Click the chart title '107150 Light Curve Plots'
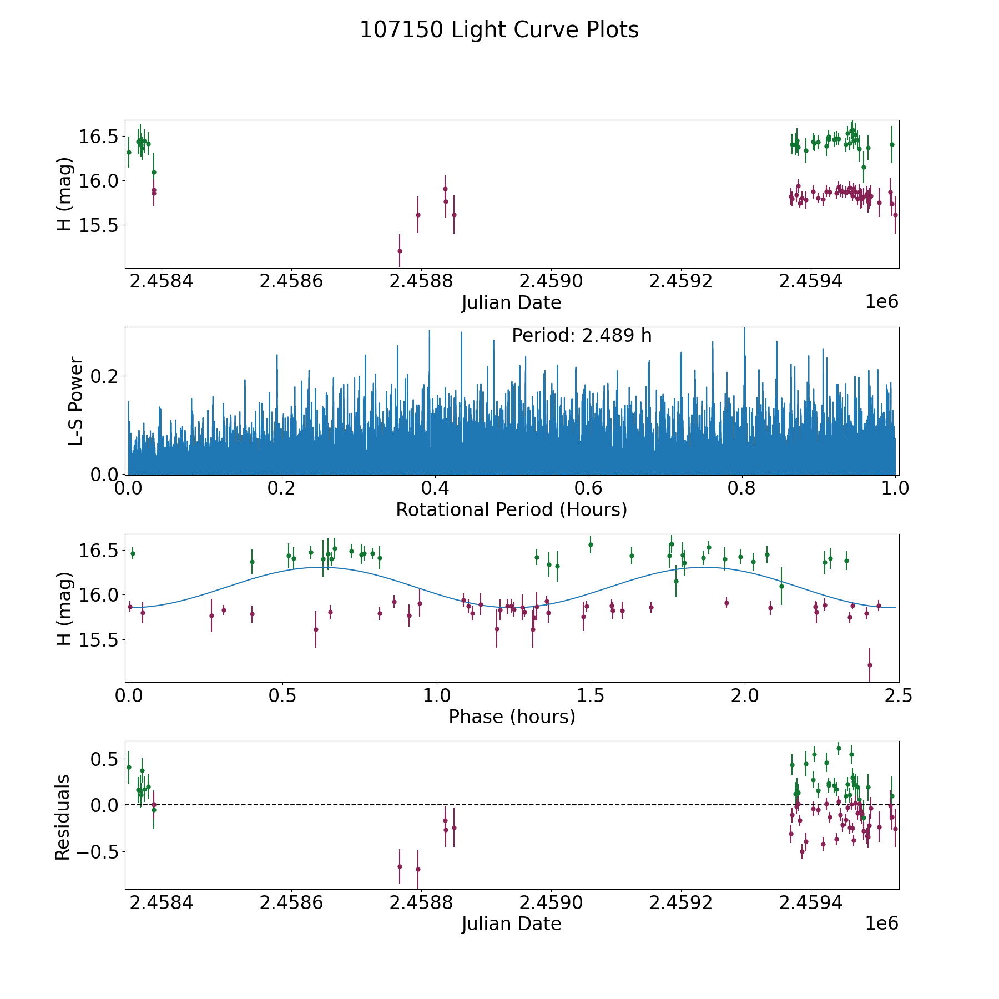(x=499, y=30)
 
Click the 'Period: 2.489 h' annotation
(x=581, y=336)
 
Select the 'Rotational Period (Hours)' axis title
(x=511, y=509)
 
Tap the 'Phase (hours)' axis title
(x=512, y=717)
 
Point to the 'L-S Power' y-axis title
(x=77, y=401)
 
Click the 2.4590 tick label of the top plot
(x=551, y=281)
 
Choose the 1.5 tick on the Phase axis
(x=590, y=695)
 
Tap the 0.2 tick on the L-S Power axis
(x=104, y=376)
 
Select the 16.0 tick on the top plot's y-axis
(x=97, y=181)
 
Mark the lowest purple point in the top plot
(x=400, y=251)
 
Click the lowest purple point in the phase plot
(x=870, y=665)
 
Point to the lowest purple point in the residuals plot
(x=418, y=869)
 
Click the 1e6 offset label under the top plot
(x=881, y=302)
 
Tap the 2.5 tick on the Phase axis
(x=897, y=695)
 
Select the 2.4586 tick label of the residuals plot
(x=291, y=902)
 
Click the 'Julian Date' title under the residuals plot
(x=511, y=924)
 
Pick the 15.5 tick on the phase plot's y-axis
(x=97, y=640)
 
